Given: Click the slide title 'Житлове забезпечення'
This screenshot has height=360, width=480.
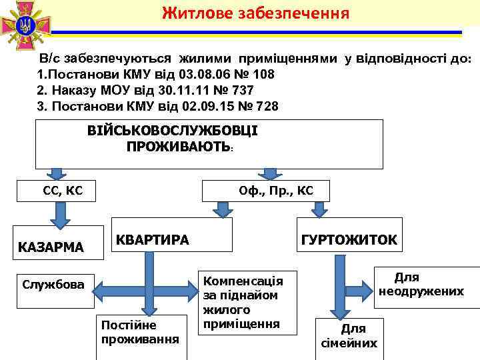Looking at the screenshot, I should [x=255, y=13].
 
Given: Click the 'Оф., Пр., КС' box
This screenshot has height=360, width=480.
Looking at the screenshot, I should [x=275, y=192].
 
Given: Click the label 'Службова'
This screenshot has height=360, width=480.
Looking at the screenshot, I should [x=53, y=285].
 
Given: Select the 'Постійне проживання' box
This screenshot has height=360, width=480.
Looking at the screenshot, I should [x=139, y=331].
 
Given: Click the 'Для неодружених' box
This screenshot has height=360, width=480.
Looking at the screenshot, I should [x=421, y=285].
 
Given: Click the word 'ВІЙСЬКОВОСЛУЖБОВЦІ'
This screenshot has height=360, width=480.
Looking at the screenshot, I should [x=172, y=131].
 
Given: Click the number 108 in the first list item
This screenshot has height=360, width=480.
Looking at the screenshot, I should [x=261, y=73].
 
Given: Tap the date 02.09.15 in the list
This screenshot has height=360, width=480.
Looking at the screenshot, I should [x=203, y=106].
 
